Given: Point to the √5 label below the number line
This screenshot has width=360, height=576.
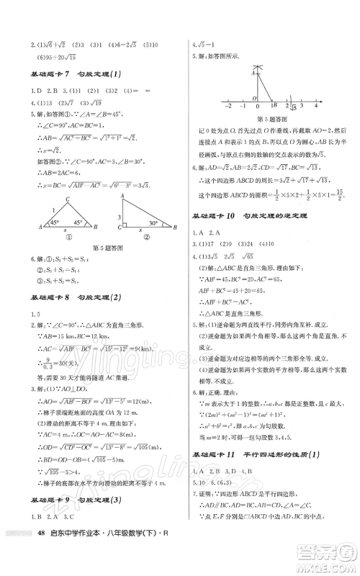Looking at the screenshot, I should pyautogui.click(x=292, y=109).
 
